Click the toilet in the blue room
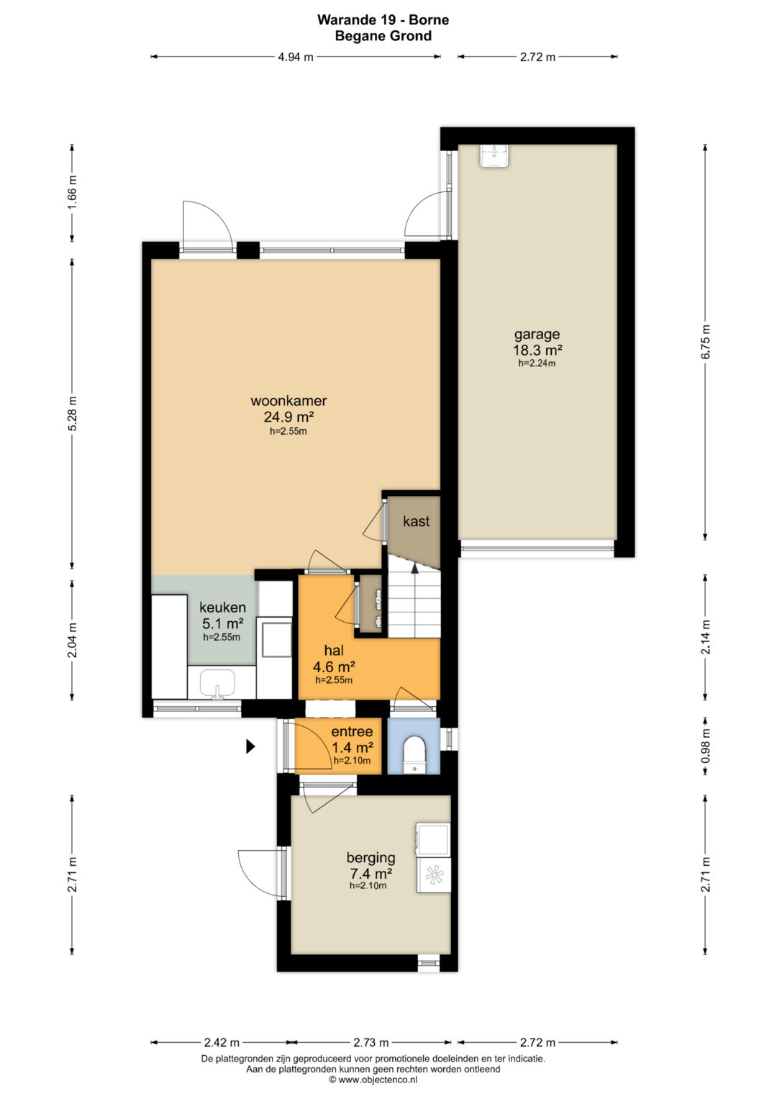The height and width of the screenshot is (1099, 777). (x=414, y=756)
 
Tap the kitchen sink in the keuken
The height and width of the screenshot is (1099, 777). (x=217, y=684)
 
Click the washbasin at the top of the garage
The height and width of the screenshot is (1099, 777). (x=495, y=156)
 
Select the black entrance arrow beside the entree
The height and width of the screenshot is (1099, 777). (x=250, y=747)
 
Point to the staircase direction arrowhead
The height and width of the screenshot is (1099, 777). (x=414, y=568)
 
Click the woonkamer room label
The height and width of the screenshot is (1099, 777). (x=288, y=400)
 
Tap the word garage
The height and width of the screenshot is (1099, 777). (x=537, y=335)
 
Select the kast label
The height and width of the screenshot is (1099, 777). (x=416, y=521)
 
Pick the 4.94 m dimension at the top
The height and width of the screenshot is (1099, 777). (x=295, y=57)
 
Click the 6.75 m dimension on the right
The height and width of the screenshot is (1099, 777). (x=705, y=342)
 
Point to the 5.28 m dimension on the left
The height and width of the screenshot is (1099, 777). (x=72, y=414)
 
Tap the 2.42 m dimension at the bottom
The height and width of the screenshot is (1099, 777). (x=222, y=1042)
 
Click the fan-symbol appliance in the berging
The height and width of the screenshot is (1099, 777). (x=434, y=874)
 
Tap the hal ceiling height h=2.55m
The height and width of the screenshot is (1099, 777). (x=334, y=680)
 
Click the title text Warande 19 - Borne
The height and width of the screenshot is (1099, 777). (x=383, y=19)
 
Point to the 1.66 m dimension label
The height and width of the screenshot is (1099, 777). (x=72, y=192)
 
